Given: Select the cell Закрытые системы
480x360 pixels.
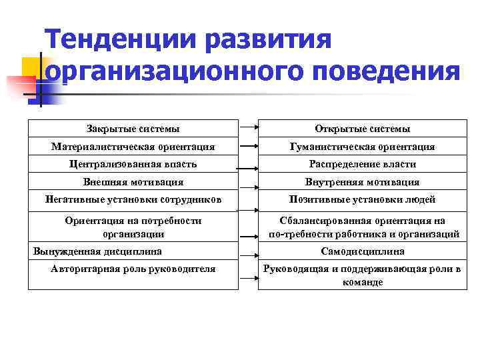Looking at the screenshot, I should (x=133, y=128).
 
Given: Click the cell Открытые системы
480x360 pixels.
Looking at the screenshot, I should (x=362, y=128).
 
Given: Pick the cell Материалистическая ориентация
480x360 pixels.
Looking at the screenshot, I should (x=133, y=146).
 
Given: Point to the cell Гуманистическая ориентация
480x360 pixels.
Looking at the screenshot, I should (x=362, y=146).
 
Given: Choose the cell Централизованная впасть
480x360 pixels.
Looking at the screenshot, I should (x=133, y=164).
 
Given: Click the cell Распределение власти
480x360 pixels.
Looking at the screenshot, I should (x=362, y=164).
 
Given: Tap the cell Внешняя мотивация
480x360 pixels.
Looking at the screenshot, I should (x=133, y=181).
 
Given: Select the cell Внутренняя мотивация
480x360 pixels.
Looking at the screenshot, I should (x=362, y=181).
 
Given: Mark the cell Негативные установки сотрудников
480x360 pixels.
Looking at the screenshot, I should (x=133, y=199).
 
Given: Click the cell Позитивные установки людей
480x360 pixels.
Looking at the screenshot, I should (x=362, y=199).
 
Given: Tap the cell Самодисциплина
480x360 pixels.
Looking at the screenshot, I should (x=362, y=251).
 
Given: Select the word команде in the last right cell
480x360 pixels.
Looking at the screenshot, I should (x=362, y=283).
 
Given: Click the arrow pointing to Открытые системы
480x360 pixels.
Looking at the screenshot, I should (x=248, y=127).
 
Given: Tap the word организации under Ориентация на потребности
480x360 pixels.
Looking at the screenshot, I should (x=133, y=234).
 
